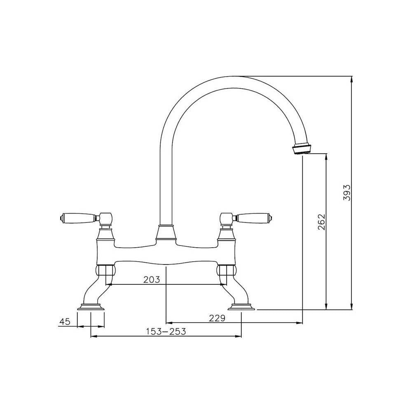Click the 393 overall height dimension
point(347,192)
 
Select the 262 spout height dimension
point(322,222)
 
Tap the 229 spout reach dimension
point(217,318)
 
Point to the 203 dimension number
point(151,280)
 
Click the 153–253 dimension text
point(166,332)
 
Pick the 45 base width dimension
point(64,322)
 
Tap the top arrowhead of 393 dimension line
point(351,79)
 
